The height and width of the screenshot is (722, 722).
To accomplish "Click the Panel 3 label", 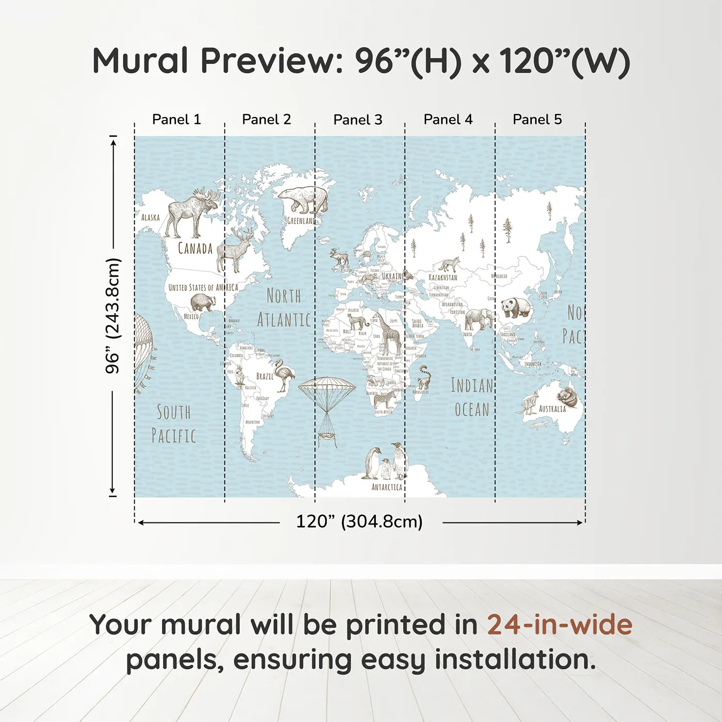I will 357,120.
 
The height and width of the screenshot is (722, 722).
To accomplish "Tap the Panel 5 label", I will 537,119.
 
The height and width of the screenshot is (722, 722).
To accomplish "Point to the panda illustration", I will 516,307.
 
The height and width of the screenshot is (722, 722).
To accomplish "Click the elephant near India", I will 478,319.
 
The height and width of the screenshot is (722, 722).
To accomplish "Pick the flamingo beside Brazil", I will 284,374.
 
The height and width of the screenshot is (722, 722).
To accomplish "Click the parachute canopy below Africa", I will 327,386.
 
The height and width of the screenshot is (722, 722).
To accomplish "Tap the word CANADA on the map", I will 195,249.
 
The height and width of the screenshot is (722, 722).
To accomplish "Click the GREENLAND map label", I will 301,221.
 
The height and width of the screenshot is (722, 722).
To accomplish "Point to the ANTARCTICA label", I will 387,487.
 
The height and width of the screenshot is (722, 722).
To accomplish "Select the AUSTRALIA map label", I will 552,409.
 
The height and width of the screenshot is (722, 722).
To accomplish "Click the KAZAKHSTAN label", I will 443,277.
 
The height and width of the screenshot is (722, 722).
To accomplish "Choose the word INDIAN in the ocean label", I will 472,386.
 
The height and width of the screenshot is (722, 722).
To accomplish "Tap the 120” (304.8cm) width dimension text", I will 359,521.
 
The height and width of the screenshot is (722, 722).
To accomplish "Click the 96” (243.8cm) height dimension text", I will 113,316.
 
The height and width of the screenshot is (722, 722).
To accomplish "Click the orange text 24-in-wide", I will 560,625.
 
